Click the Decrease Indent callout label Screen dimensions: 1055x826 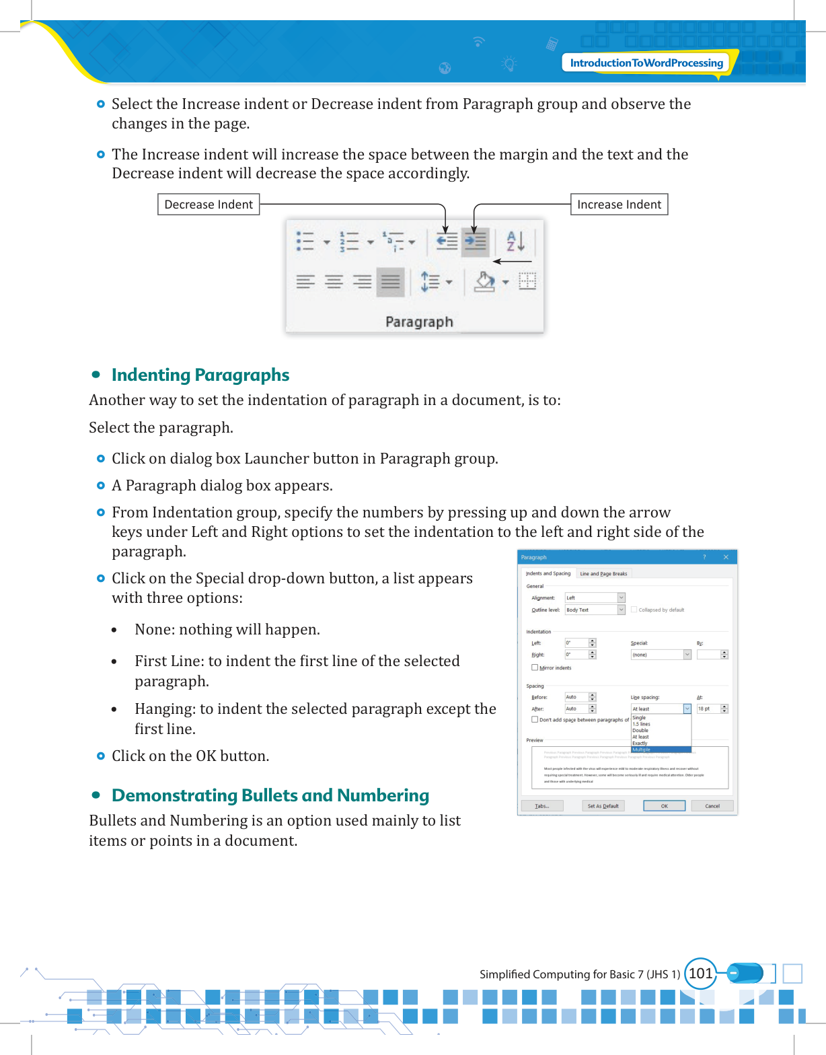click(x=209, y=205)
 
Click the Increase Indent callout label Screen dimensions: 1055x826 click(x=619, y=205)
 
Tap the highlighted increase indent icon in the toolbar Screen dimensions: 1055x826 click(x=476, y=241)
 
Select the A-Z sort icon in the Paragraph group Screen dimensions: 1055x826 click(x=515, y=241)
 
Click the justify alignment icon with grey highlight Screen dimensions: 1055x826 click(x=391, y=281)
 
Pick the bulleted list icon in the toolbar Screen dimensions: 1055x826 click(x=305, y=241)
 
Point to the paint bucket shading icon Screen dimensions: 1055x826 click(x=485, y=281)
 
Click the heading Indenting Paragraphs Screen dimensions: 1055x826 click(x=200, y=375)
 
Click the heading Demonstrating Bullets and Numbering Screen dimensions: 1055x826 click(x=270, y=795)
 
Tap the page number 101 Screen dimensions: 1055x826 click(x=700, y=974)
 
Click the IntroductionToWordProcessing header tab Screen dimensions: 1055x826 click(x=646, y=63)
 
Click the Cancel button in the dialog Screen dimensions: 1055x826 click(x=712, y=806)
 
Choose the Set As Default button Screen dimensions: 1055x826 click(x=603, y=806)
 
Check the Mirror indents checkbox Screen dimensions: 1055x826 click(x=535, y=667)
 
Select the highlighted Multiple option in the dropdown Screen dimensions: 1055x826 click(x=661, y=750)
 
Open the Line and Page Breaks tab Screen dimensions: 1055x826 click(x=603, y=574)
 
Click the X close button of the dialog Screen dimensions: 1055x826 click(x=726, y=557)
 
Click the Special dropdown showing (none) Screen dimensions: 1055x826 click(x=661, y=655)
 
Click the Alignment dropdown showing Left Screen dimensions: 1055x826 click(x=595, y=597)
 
